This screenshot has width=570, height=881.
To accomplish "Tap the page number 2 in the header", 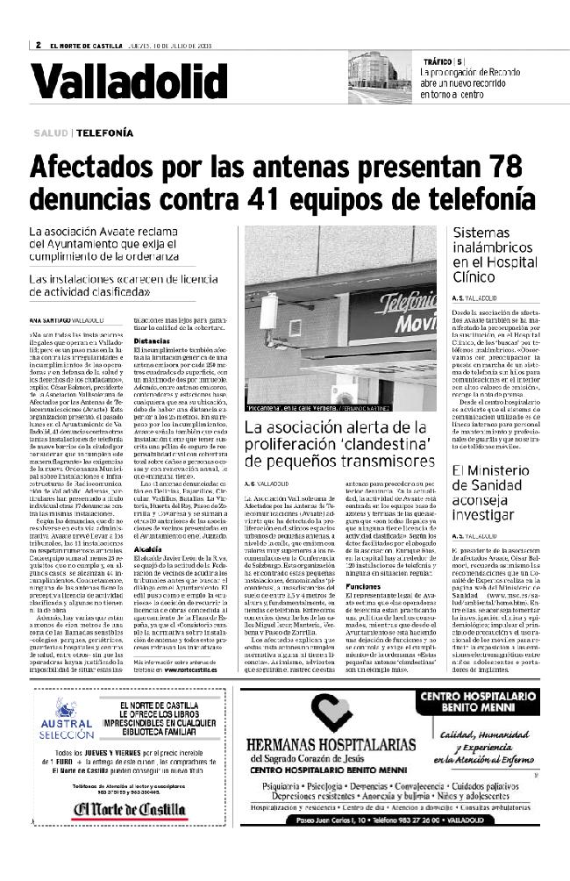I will pos(39,46).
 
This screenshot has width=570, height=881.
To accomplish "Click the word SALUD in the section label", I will pos(52,133).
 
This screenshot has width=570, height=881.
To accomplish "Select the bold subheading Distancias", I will pos(147,340).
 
